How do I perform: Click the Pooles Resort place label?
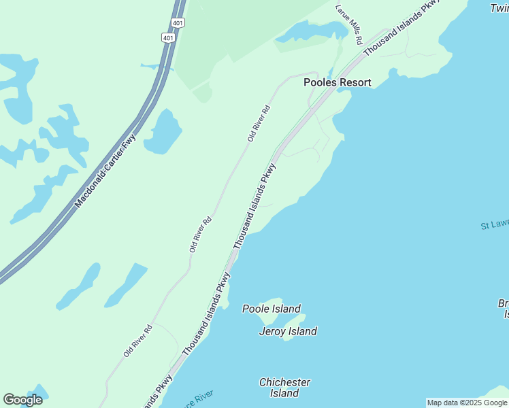pyautogui.click(x=337, y=82)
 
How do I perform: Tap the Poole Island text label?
pyautogui.click(x=272, y=309)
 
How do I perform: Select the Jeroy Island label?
pyautogui.click(x=288, y=331)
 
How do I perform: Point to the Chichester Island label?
pyautogui.click(x=284, y=388)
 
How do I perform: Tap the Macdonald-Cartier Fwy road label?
pyautogui.click(x=105, y=171)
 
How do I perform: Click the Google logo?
pyautogui.click(x=22, y=400)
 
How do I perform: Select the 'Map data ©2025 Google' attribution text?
pyautogui.click(x=467, y=403)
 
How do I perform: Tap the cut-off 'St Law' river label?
pyautogui.click(x=494, y=224)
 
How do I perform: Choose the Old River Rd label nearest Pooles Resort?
pyautogui.click(x=259, y=123)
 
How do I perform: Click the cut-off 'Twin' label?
pyautogui.click(x=499, y=8)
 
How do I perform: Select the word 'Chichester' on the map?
pyautogui.click(x=284, y=382)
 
